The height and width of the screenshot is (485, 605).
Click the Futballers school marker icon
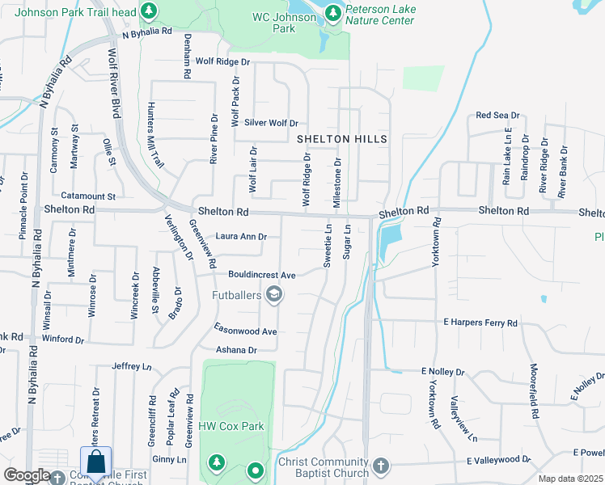point(274,295)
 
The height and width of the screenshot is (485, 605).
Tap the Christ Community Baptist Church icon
point(381,467)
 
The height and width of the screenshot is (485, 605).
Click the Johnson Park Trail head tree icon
point(148,11)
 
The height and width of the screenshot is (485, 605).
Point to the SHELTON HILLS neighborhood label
point(342,139)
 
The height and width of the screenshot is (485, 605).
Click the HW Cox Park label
point(232,426)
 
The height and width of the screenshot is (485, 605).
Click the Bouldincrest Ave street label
point(261,275)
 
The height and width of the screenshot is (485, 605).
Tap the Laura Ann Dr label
point(241,238)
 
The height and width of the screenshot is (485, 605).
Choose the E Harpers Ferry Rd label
point(480,323)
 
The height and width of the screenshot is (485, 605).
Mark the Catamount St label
point(88,196)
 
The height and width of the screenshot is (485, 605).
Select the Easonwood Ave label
point(245,331)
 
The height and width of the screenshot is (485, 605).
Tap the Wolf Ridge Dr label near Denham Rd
point(218,61)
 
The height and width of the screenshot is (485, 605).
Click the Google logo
point(27,475)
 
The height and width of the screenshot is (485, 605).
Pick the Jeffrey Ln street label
point(132,366)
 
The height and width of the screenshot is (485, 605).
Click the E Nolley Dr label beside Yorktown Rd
point(442,372)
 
